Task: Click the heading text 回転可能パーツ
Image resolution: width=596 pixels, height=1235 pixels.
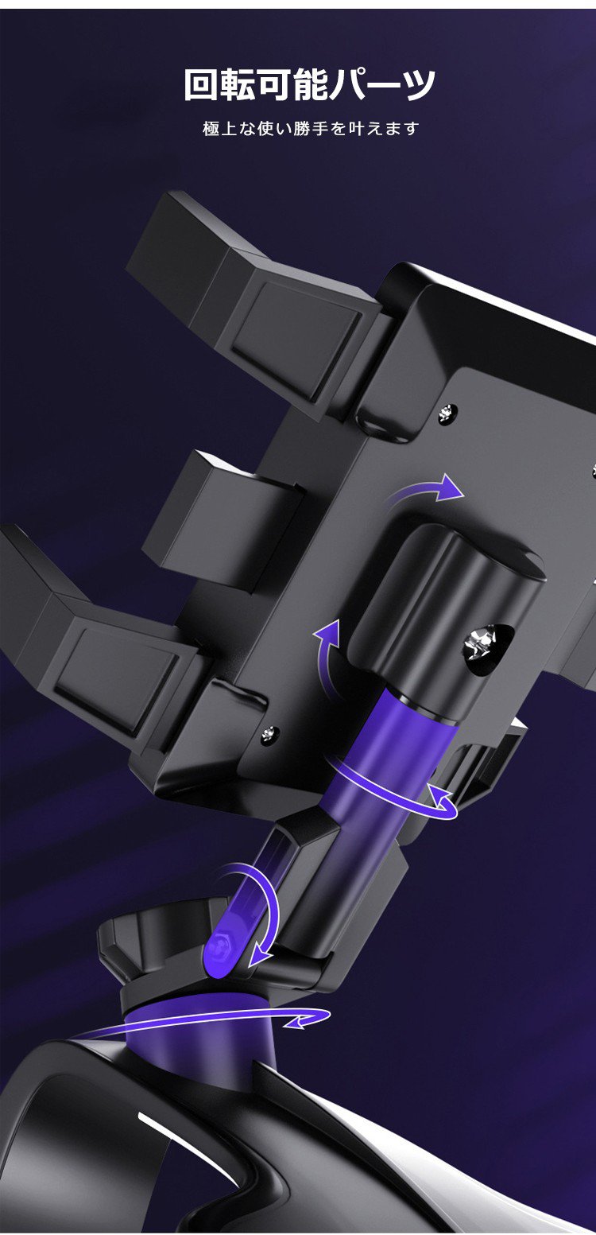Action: pyautogui.click(x=309, y=85)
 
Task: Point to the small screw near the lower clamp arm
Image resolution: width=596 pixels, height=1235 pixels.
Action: pyautogui.click(x=269, y=733)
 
